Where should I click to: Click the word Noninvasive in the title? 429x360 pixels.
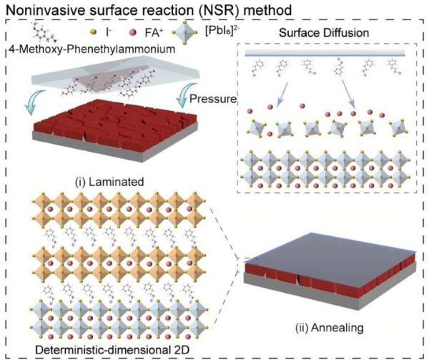click(40, 9)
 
